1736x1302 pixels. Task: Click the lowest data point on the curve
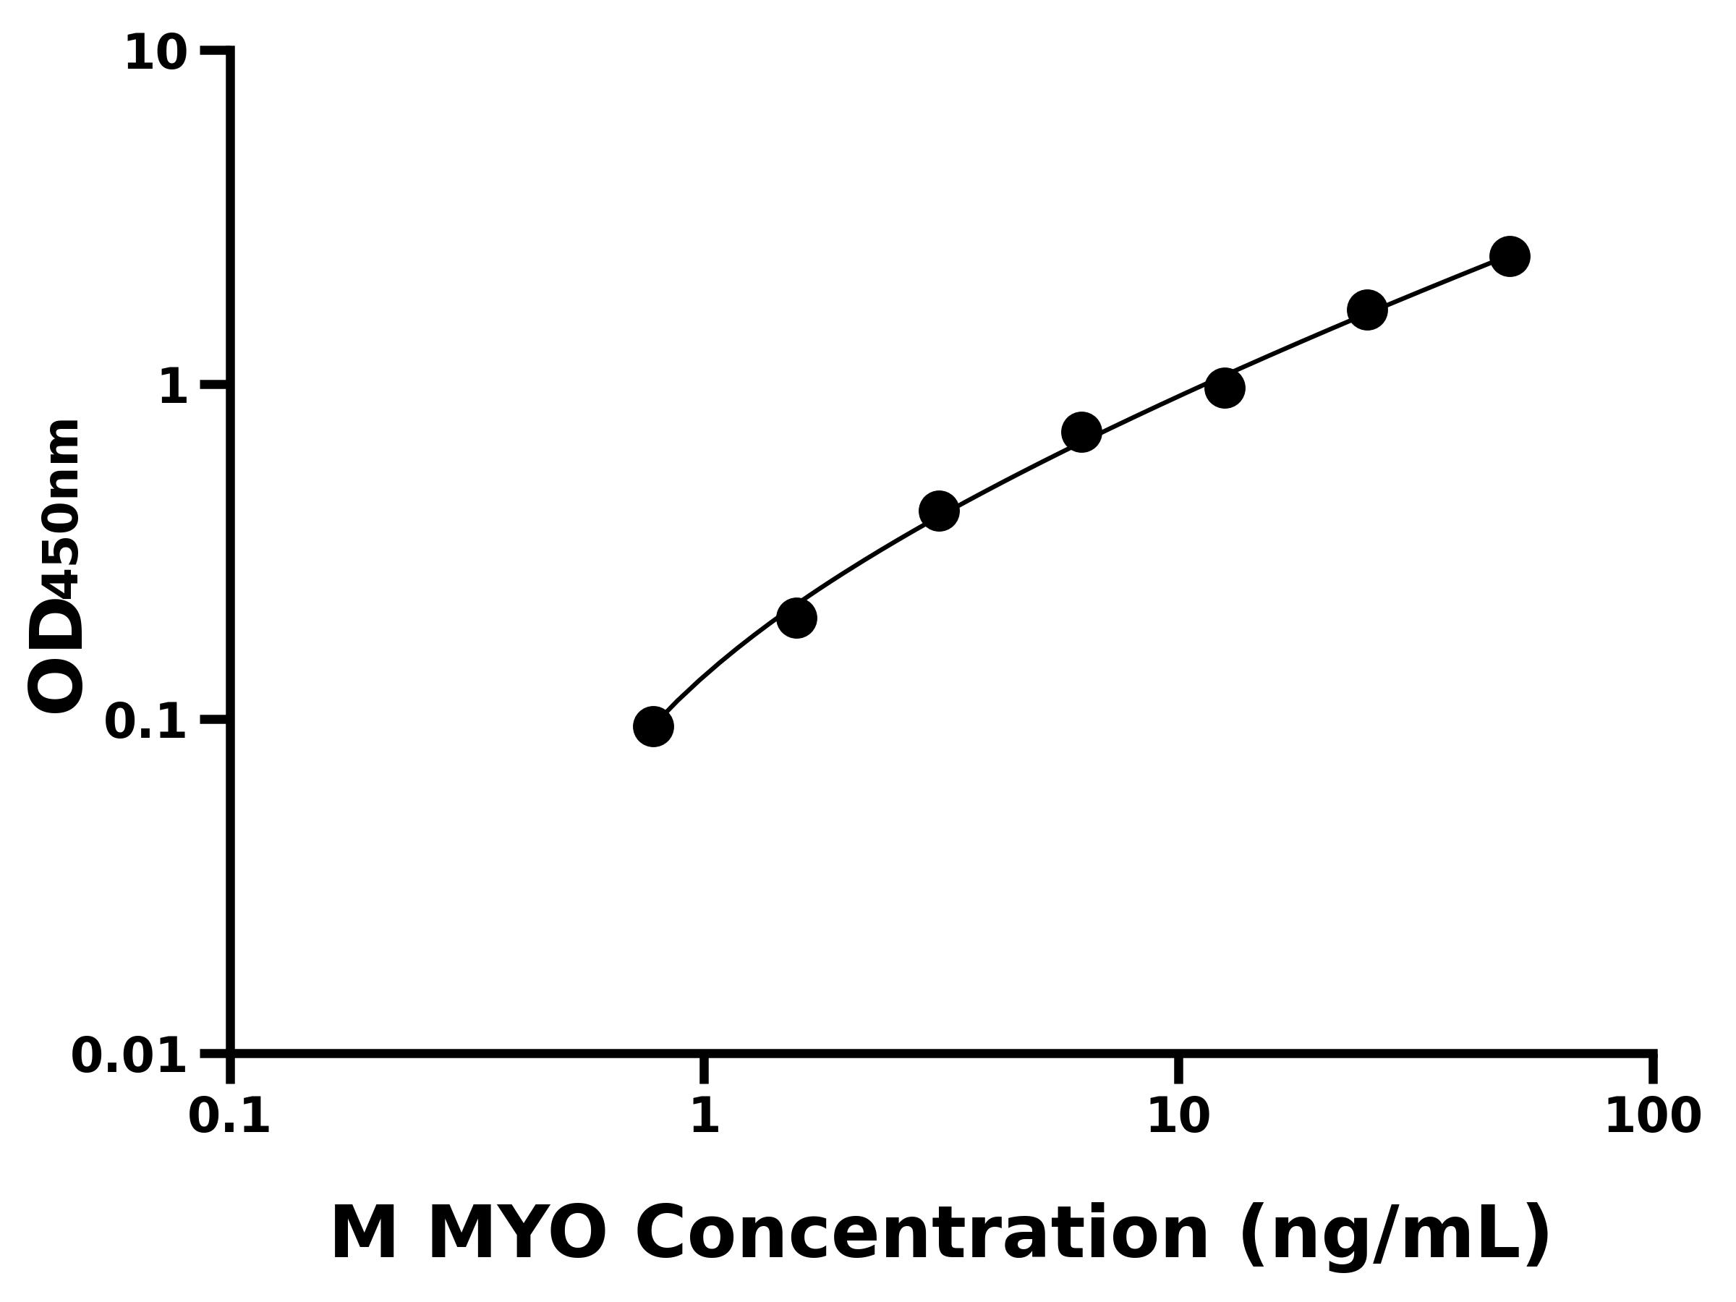coord(653,727)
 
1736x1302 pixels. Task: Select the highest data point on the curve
coord(1509,256)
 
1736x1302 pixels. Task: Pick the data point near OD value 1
coord(1225,388)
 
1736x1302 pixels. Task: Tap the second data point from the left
coord(796,618)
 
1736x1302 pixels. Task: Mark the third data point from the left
coord(939,511)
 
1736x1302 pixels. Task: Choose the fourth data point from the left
coord(1081,433)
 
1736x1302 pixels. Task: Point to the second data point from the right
coord(1367,310)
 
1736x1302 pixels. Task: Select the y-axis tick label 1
coord(174,388)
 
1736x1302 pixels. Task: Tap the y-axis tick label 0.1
coord(146,722)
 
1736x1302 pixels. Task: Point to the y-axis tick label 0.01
coord(129,1056)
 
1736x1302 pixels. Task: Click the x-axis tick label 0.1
coord(229,1118)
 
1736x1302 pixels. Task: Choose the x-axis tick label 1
coord(705,1118)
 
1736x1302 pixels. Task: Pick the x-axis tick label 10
coord(1179,1118)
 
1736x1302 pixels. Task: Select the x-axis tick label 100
coord(1653,1118)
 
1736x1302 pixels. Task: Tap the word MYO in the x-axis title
coord(516,1235)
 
